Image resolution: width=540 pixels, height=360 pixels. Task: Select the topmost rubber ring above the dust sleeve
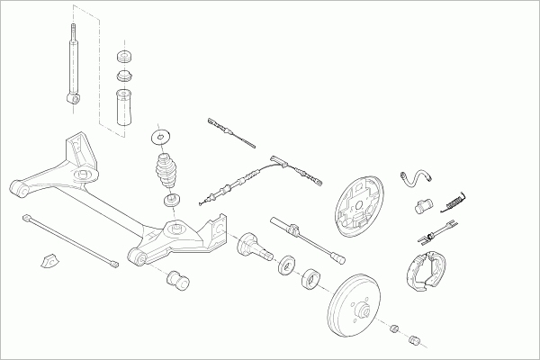coord(124,57)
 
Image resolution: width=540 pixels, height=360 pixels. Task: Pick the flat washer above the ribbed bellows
coord(162,137)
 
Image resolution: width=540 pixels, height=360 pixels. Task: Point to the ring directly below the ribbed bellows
coord(168,197)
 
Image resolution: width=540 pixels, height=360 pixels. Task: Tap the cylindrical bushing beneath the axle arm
coord(178,281)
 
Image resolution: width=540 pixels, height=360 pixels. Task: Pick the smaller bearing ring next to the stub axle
coord(287,264)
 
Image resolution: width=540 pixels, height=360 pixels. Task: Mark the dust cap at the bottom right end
coord(416,340)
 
